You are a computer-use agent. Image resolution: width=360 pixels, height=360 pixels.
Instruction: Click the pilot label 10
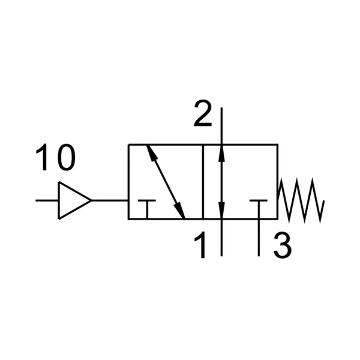[x=56, y=157]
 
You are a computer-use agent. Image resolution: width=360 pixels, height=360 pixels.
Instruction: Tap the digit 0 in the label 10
[x=67, y=157]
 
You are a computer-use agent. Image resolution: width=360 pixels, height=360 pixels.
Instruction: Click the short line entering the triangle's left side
[x=47, y=200]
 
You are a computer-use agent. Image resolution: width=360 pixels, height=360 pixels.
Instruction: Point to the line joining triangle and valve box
[x=110, y=200]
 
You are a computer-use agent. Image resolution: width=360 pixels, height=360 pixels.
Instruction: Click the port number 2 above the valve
[x=203, y=113]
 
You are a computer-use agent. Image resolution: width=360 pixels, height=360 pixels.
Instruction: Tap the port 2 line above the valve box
[x=221, y=126]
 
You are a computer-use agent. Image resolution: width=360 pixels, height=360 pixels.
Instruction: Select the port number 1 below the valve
[x=200, y=245]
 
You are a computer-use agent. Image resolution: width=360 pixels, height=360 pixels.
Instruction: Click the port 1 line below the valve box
[x=221, y=238]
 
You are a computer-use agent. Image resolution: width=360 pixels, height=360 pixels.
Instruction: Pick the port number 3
[x=283, y=245]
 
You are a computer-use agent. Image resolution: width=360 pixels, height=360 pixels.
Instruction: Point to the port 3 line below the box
[x=259, y=238]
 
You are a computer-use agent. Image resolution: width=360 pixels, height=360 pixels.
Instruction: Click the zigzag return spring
[x=301, y=200]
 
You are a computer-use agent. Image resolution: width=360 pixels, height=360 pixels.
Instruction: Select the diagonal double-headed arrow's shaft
[x=166, y=182]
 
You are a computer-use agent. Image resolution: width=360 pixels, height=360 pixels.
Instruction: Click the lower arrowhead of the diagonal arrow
[x=180, y=210]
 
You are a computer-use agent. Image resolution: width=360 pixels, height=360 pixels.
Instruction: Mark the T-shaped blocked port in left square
[x=147, y=209]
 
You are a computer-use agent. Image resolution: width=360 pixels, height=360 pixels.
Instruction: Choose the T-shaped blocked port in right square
[x=259, y=209]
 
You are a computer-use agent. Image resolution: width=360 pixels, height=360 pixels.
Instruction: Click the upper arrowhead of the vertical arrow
[x=221, y=153]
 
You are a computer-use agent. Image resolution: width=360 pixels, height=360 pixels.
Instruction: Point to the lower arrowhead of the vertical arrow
[x=221, y=211]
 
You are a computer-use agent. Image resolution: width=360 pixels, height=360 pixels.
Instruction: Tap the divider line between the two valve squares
[x=203, y=182]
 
